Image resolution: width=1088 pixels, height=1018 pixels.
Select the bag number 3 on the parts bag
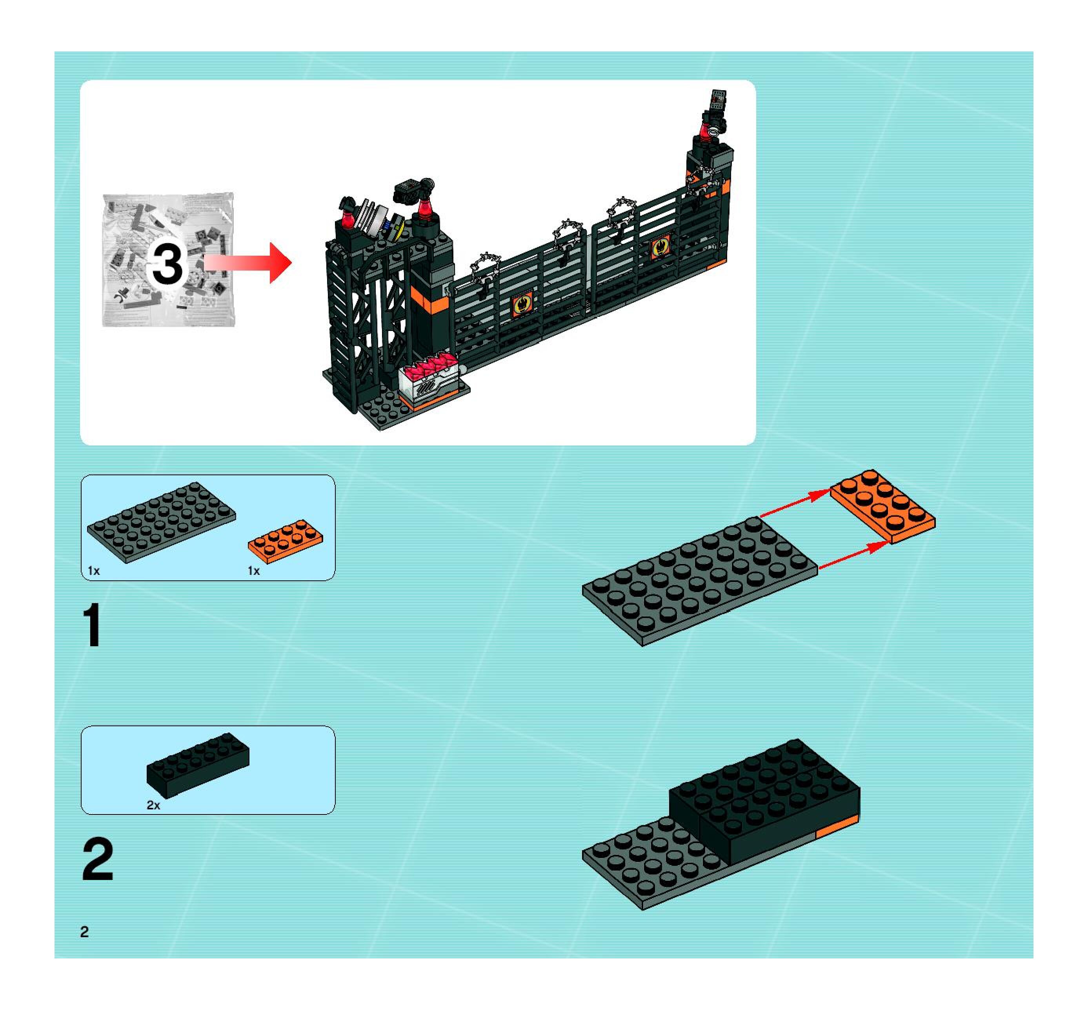coord(167,264)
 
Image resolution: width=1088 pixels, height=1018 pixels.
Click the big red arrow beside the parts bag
coord(249,263)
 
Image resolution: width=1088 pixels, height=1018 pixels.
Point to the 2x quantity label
coord(153,805)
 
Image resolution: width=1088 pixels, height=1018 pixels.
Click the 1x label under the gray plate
coord(94,571)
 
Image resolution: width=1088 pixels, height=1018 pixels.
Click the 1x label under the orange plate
coord(253,571)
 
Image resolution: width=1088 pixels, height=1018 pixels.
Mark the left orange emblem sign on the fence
coord(522,304)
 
